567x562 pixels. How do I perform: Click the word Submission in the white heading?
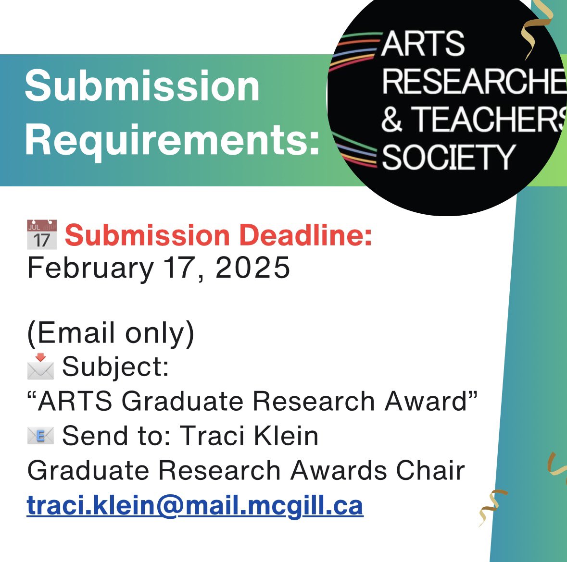coord(142,86)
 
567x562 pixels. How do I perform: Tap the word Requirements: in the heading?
coord(172,139)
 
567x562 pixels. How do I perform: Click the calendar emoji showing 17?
coord(42,235)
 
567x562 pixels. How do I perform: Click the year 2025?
coord(253,268)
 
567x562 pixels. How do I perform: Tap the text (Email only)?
coord(111,333)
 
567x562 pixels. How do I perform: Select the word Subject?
coord(115,367)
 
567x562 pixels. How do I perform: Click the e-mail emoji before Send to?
coord(40,436)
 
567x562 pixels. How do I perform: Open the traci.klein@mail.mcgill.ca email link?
coord(195,506)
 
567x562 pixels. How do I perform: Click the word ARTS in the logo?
coord(423,44)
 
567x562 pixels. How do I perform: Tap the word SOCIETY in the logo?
coord(448,158)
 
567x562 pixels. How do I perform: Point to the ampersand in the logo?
coord(392,119)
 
